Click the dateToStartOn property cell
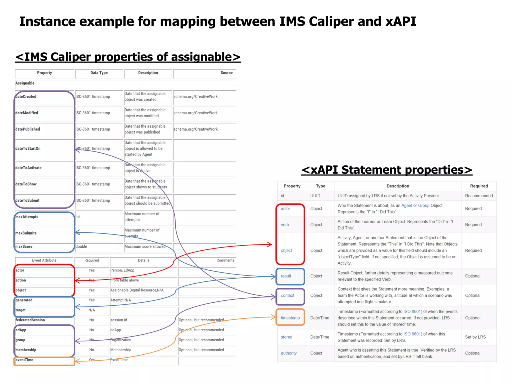tap(28, 148)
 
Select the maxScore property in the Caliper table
tap(24, 246)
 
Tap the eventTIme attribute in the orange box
tap(24, 360)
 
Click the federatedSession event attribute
tap(30, 320)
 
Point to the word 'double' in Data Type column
tap(81, 246)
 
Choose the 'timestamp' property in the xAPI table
tap(290, 318)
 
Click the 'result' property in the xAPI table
tap(286, 276)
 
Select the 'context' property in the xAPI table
tap(287, 295)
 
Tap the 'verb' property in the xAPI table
tap(285, 225)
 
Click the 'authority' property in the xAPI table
tap(288, 353)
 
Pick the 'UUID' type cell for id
tap(315, 196)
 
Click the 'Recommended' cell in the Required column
tap(479, 196)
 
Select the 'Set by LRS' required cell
tap(475, 337)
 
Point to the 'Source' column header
tap(226, 73)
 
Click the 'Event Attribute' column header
tap(44, 260)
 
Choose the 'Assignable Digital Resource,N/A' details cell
tap(137, 290)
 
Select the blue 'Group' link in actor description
tap(424, 205)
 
